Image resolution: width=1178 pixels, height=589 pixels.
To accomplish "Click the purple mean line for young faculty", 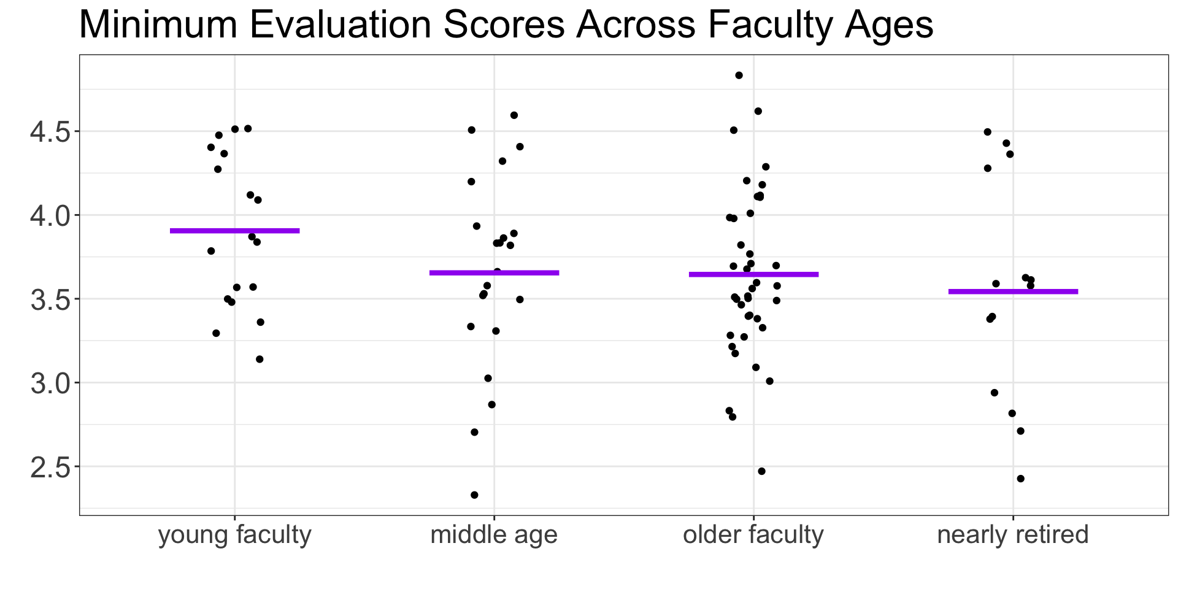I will pos(234,231).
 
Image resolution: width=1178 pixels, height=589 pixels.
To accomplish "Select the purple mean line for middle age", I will pos(494,272).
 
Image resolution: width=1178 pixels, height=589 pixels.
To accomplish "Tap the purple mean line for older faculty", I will pos(753,274).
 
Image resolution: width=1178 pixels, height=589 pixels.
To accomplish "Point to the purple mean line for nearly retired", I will pos(1013,291).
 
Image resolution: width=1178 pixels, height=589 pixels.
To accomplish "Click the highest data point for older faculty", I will pos(739,75).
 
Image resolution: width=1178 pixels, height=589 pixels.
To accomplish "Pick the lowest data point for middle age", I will pos(474,495).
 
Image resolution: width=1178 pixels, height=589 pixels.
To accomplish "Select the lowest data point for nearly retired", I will pos(1020,479).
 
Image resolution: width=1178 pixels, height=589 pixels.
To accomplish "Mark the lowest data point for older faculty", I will pos(761,471).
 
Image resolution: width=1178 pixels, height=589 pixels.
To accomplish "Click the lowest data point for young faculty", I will pos(260,359).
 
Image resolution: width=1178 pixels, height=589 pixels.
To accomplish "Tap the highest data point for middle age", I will pos(514,115).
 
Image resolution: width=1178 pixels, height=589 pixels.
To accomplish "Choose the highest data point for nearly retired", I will pos(987,132).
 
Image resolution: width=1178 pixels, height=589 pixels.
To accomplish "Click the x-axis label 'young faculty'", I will pos(234,535).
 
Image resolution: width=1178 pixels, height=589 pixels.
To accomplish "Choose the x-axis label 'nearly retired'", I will pos(1013,535).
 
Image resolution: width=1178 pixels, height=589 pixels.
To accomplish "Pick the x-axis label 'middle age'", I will pos(494,535).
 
